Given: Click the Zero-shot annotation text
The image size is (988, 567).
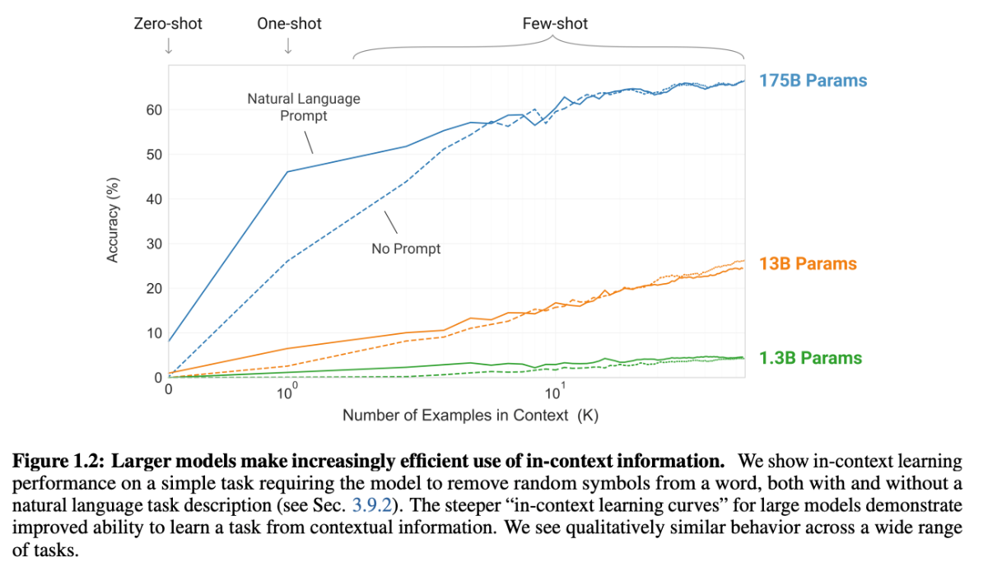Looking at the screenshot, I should (x=168, y=24).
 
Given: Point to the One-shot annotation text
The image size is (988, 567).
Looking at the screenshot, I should (x=289, y=24).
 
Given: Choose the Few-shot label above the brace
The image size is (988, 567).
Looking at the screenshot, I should (x=555, y=24).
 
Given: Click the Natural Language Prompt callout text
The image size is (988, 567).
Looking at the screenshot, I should (x=304, y=108).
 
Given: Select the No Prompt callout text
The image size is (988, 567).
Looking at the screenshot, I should (x=406, y=249).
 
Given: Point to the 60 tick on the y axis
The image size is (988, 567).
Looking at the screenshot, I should (x=154, y=110).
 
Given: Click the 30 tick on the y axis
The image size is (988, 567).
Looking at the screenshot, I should (x=154, y=244).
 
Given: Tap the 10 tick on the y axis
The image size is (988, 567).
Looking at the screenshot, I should (x=154, y=333).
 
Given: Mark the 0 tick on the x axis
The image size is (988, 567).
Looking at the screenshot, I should (x=169, y=389).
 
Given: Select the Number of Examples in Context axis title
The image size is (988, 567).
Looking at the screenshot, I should (x=470, y=415).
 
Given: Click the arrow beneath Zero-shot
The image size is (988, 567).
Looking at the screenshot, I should (x=168, y=46).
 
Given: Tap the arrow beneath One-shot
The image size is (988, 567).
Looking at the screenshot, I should (x=288, y=46).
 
